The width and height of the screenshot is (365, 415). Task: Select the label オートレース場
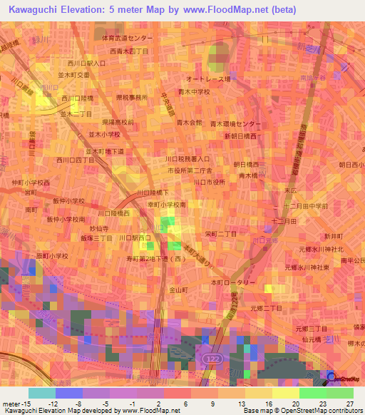click(207, 80)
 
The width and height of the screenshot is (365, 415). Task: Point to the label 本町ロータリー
click(232, 283)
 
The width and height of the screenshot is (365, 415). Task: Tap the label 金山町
click(178, 290)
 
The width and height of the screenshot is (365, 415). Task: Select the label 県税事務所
click(132, 98)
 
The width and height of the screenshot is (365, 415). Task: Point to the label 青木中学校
click(194, 91)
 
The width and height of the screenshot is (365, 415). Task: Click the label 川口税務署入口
click(187, 159)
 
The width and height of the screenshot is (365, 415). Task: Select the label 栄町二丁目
click(221, 233)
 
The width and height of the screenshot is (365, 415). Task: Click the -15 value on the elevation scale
click(18, 403)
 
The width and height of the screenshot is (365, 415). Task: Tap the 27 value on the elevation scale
click(349, 403)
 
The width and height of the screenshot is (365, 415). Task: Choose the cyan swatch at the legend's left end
click(41, 393)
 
